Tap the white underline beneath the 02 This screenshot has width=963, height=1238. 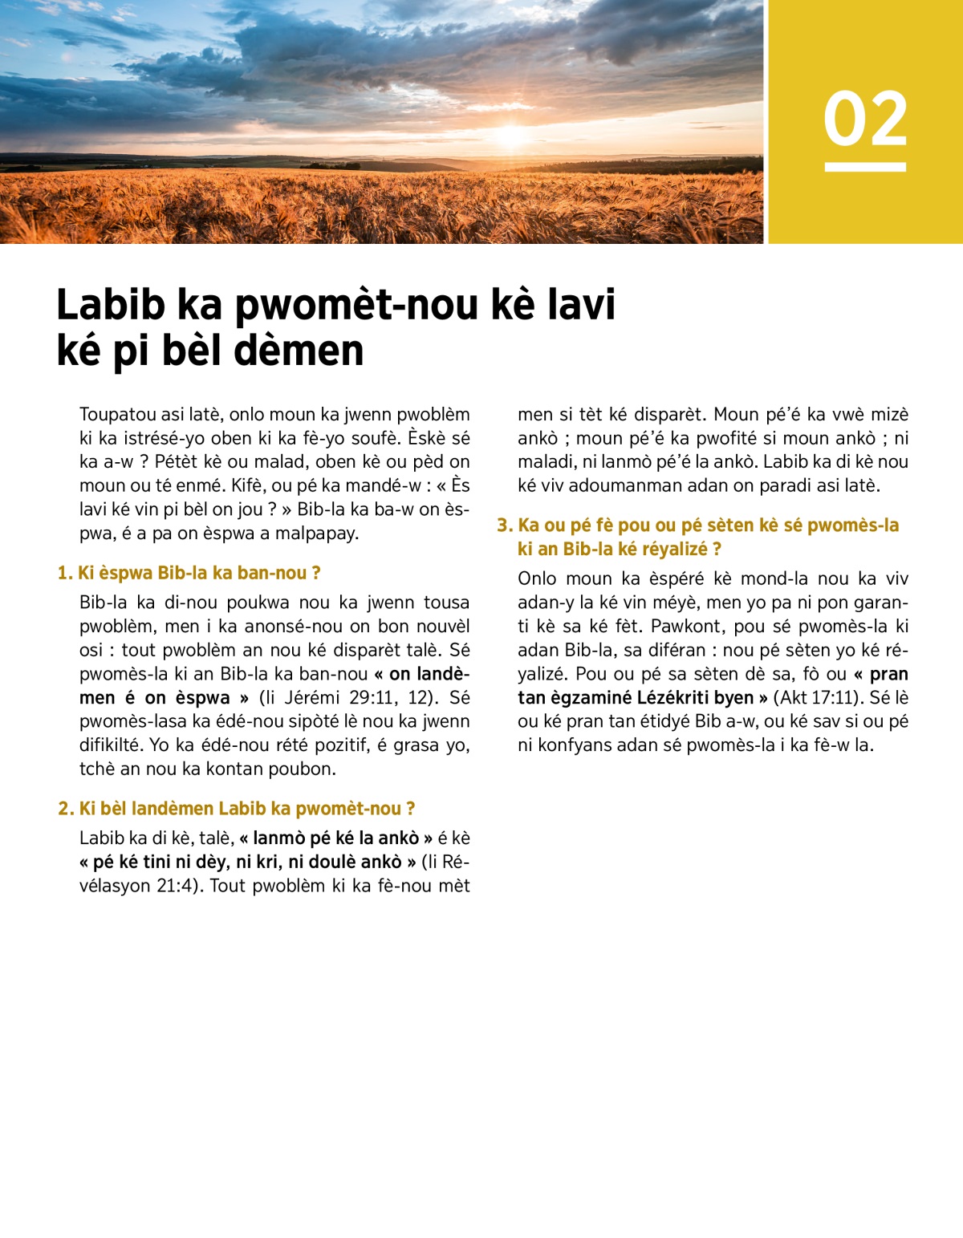pos(865,167)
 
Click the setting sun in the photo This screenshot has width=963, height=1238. pos(511,135)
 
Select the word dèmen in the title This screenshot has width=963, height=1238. pos(309,351)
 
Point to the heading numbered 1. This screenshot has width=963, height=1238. pos(189,573)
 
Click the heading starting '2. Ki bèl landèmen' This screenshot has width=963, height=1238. pos(237,808)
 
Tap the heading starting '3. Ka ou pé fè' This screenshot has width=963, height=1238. pos(698,526)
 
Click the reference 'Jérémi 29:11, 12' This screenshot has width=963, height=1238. pos(358,697)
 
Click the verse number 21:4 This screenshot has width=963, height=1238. pos(174,886)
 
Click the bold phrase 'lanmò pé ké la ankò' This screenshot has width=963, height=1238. pos(335,838)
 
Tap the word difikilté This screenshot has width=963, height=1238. pos(112,745)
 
